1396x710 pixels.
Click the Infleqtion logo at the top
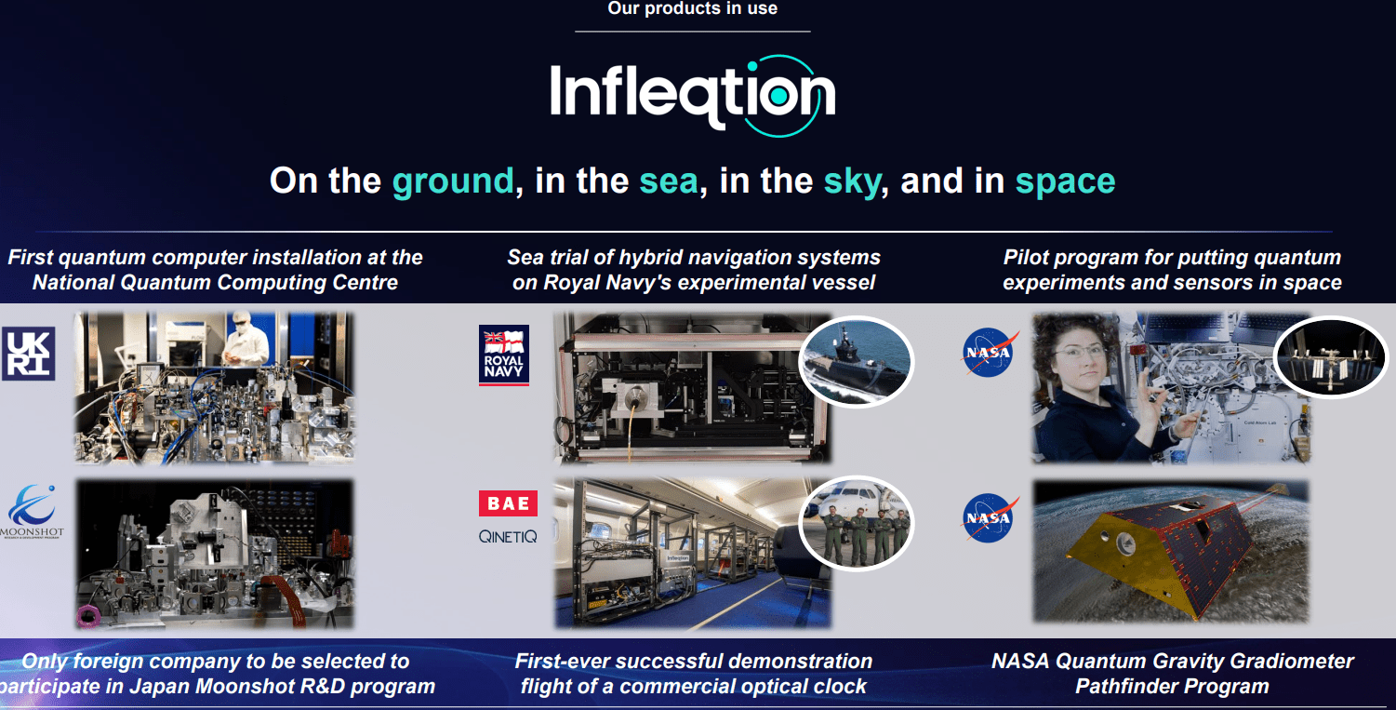692,93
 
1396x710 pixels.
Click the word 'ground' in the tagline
452,181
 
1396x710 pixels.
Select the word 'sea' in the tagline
668,181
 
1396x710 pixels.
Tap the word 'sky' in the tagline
851,181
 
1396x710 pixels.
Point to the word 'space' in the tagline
1065,181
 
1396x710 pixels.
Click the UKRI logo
29,354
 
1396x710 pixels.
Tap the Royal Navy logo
503,355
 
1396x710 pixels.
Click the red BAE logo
508,503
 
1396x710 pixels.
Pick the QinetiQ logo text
508,537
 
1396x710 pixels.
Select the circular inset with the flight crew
857,526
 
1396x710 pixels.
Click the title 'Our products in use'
692,9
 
